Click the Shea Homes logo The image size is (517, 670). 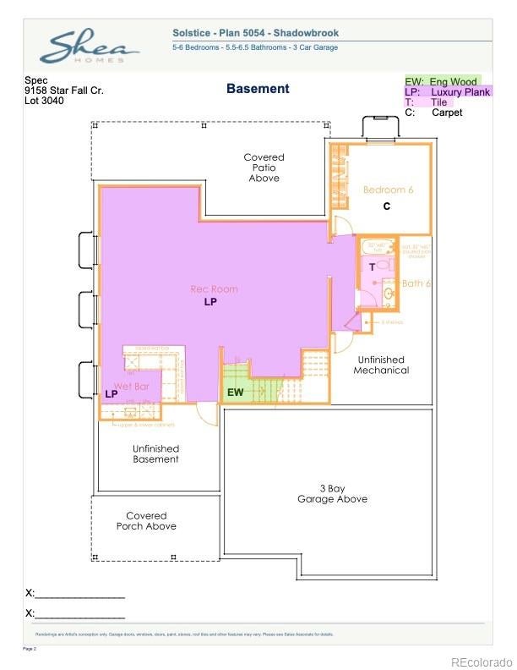[88, 47]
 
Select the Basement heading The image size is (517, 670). [258, 89]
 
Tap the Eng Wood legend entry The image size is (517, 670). [442, 81]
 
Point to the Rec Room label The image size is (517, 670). [214, 289]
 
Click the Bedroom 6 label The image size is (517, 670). [388, 190]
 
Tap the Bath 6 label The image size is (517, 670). [416, 283]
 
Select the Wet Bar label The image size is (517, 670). [132, 386]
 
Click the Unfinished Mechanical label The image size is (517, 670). [381, 365]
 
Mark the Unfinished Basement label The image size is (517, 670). [155, 453]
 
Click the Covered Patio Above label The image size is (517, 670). [264, 167]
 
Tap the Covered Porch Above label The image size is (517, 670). [146, 520]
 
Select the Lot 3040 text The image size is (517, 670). [44, 101]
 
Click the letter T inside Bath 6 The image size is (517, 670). [371, 266]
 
